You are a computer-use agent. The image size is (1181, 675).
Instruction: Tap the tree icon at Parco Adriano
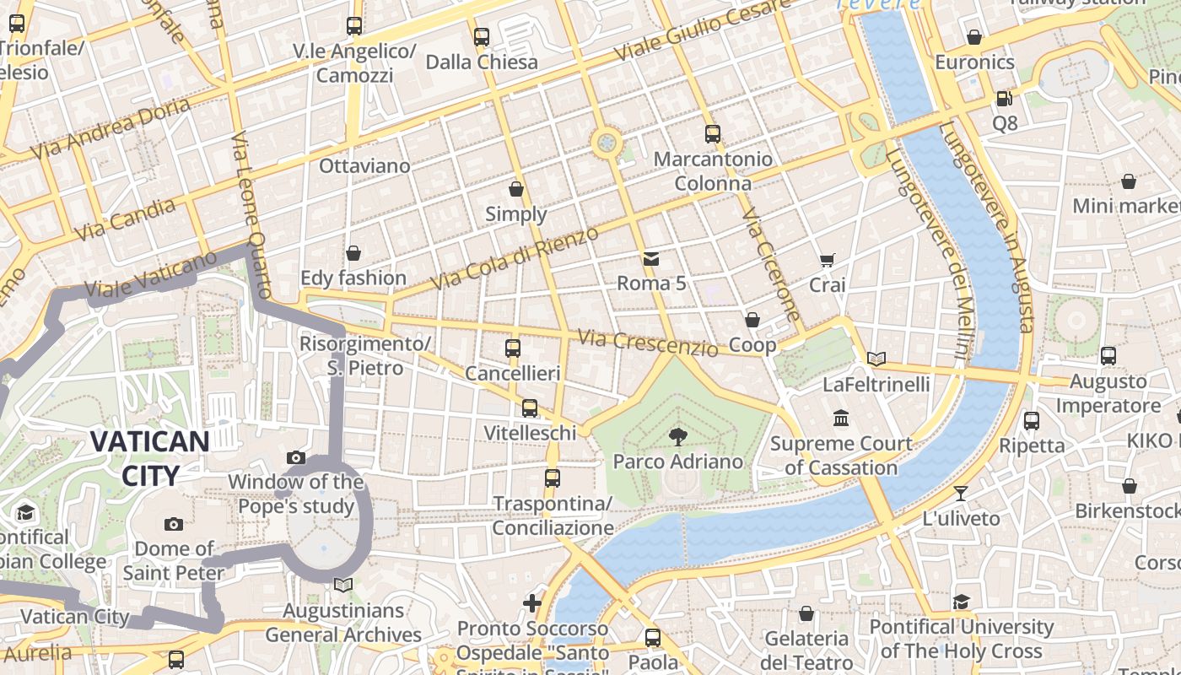coord(677,436)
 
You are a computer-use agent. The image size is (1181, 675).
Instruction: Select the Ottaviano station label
coord(364,165)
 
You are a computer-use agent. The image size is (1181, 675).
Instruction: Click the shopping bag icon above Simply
coord(515,189)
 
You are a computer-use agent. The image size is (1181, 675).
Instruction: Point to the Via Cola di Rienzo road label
coord(515,257)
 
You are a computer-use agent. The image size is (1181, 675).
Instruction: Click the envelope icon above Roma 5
coord(651,258)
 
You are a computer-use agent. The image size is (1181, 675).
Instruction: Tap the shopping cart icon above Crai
coord(827,261)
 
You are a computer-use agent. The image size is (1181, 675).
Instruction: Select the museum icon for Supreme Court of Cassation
coord(841,418)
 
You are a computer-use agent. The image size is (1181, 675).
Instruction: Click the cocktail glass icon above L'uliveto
coord(960,494)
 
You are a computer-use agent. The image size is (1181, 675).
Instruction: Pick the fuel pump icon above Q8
coord(1004,99)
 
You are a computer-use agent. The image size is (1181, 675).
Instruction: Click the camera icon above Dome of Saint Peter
coord(174,525)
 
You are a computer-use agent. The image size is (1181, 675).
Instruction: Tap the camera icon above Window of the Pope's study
coord(295,458)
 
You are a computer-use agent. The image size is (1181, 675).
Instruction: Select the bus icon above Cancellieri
coord(512,348)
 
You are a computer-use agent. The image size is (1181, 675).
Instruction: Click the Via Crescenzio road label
coord(648,343)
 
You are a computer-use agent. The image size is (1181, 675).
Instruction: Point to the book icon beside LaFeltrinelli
coord(876,359)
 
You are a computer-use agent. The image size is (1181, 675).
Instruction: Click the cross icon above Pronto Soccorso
coord(532,603)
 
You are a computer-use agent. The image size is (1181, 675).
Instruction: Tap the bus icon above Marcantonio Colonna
coord(713,134)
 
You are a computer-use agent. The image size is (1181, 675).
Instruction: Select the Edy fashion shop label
coord(353,278)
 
